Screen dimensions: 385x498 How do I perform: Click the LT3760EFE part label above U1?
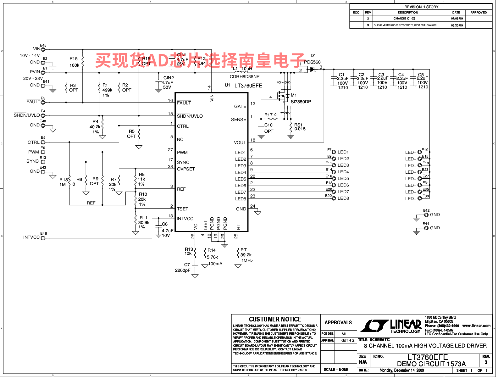(x=248, y=86)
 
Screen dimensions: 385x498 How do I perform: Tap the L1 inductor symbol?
(x=241, y=72)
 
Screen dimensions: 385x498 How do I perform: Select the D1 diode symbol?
(x=312, y=70)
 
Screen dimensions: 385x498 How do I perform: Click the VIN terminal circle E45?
(x=43, y=49)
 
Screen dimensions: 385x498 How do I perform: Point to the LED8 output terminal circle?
(x=334, y=198)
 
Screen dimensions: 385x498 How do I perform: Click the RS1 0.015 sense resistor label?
(x=300, y=127)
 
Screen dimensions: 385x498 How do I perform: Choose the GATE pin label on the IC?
(x=240, y=106)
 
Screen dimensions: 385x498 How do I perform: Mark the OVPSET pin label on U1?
(x=186, y=169)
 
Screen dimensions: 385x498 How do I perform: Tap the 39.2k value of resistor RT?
(x=246, y=255)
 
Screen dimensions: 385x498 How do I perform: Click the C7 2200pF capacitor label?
(x=183, y=267)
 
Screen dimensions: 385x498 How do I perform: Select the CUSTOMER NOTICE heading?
(x=275, y=319)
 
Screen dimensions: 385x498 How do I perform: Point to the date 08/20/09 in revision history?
(x=457, y=25)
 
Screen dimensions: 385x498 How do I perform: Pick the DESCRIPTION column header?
(x=408, y=13)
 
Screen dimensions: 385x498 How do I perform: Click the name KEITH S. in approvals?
(x=348, y=340)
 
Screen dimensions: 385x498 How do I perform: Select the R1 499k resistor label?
(x=107, y=90)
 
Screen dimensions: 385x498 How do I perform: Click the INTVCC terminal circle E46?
(x=43, y=238)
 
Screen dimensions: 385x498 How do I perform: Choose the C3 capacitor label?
(x=381, y=75)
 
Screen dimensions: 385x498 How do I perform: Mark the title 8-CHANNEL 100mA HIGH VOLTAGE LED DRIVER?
(x=425, y=346)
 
